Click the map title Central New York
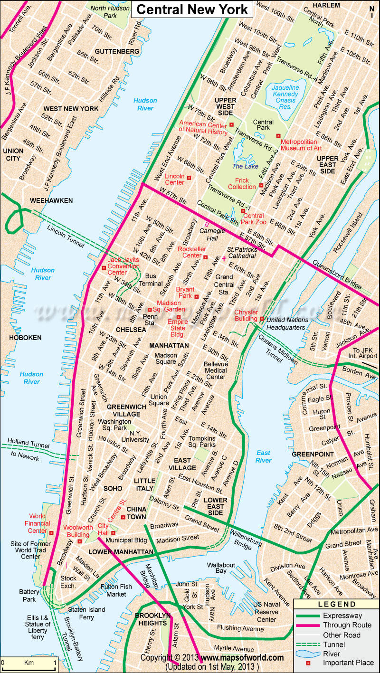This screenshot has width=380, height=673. [192, 9]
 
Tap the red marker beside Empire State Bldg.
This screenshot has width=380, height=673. [179, 317]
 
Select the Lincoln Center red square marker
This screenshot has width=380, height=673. [189, 178]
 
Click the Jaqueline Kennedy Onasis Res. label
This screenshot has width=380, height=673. [285, 94]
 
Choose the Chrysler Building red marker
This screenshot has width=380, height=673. [261, 318]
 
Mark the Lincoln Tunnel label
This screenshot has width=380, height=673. [66, 236]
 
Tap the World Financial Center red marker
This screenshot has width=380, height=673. [51, 533]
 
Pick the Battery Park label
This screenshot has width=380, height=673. [28, 596]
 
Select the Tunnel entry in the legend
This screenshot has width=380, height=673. [333, 645]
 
